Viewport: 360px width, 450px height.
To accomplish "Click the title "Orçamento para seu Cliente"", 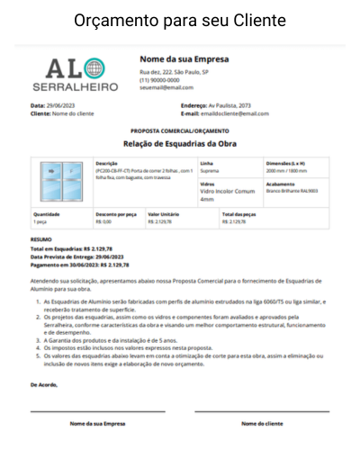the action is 180,20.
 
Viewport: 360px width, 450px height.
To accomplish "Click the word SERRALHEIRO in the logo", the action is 68,87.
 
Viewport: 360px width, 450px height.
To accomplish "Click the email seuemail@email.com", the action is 166,87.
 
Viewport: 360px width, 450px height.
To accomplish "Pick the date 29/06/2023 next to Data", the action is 61,105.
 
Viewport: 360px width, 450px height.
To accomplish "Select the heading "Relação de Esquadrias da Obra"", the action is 179,142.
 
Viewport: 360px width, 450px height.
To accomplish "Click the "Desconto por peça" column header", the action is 115,214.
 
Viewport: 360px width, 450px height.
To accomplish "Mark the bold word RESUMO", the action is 41,238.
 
